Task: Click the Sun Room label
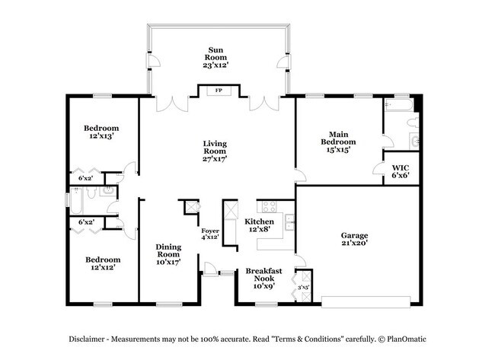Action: [216, 58]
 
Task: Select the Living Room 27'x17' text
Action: [216, 151]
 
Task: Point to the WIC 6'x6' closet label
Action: [401, 171]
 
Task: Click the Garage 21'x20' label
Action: [354, 239]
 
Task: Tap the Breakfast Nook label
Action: [263, 275]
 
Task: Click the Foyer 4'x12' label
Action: [209, 234]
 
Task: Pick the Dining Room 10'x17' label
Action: [168, 254]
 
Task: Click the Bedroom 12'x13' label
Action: [101, 132]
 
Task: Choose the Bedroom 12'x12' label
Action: [101, 263]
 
